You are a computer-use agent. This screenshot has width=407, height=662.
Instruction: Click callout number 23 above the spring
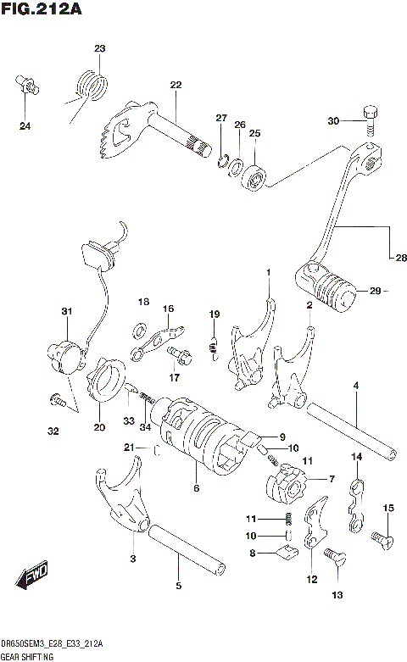click(x=99, y=48)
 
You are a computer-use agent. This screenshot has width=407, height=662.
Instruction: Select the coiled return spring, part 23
click(x=93, y=84)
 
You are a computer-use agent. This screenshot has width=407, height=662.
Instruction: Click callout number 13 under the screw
click(x=337, y=596)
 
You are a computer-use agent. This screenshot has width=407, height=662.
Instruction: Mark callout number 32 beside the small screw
click(x=53, y=431)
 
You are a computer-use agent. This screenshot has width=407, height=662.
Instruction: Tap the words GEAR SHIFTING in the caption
click(x=28, y=656)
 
